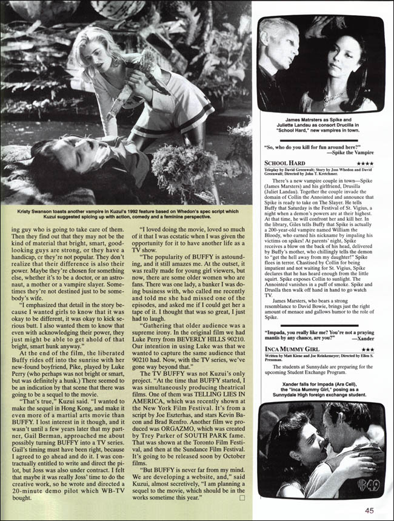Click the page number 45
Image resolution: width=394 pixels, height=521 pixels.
(x=369, y=510)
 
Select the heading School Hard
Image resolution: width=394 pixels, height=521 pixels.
(x=287, y=163)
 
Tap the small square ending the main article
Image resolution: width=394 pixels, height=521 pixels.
(x=242, y=498)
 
